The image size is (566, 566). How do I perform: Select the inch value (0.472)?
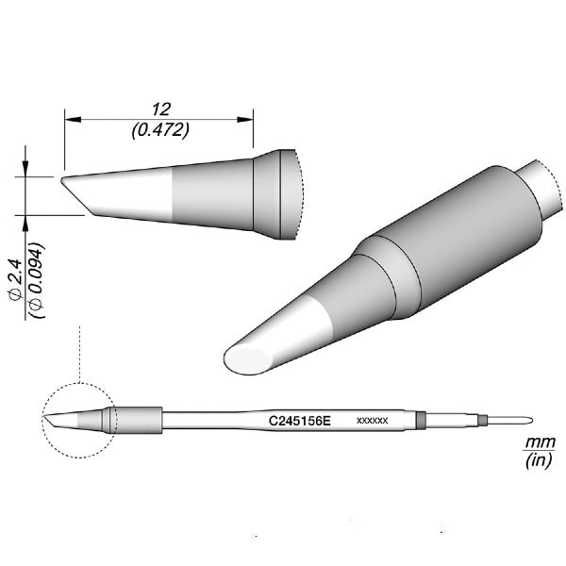point(158,130)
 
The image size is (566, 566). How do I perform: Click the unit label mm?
point(534,442)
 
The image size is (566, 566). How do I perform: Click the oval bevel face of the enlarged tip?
point(248,358)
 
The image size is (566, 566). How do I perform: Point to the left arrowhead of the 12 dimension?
point(70,120)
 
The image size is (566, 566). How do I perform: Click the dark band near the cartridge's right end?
point(421,419)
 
